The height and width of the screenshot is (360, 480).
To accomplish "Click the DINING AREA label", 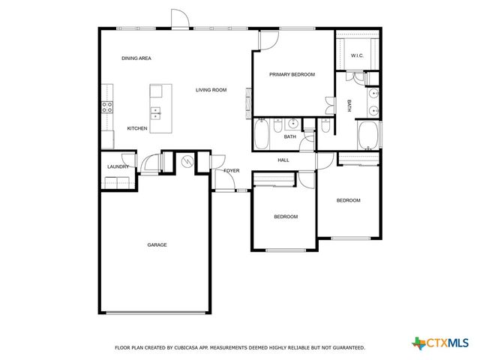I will click(x=136, y=58).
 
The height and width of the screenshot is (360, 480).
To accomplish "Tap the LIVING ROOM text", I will click(x=211, y=90).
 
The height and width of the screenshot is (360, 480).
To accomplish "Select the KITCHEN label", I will click(x=136, y=128).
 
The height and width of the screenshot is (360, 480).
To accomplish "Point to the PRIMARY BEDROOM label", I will click(x=292, y=74).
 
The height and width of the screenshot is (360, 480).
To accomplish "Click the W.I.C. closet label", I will click(x=357, y=55).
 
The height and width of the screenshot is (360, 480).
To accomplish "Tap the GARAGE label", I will click(x=156, y=244).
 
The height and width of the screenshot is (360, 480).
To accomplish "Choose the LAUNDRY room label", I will click(x=118, y=166).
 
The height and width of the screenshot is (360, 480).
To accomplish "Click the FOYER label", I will click(x=231, y=170).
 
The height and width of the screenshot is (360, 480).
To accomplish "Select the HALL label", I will click(x=283, y=160).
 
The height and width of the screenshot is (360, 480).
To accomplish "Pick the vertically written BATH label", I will click(x=349, y=106).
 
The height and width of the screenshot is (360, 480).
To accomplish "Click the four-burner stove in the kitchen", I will click(x=107, y=106).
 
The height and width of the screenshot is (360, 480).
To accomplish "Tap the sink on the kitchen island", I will click(x=156, y=113).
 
